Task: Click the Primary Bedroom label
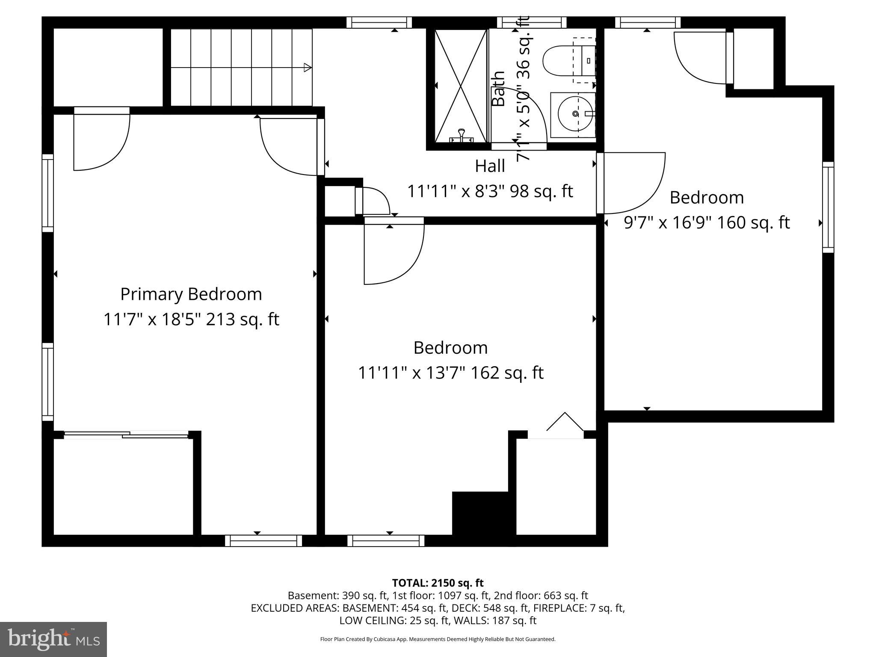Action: coord(191,294)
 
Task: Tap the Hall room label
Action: coord(490,166)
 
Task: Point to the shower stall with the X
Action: coord(461,86)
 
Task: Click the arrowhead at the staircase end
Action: coord(307,67)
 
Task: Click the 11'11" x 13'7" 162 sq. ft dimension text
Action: coord(450,373)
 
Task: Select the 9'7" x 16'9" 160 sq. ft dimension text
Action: coord(707,222)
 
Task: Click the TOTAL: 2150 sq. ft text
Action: coord(438,583)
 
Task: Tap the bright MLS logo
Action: coord(53,639)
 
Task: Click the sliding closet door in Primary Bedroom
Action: coord(126,435)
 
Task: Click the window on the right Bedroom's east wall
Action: coord(828,207)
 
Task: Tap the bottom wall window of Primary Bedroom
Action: coord(263,541)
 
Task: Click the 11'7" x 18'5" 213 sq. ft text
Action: coord(191,320)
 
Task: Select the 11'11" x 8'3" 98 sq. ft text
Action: coord(490,191)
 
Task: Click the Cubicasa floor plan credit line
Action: coord(438,639)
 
